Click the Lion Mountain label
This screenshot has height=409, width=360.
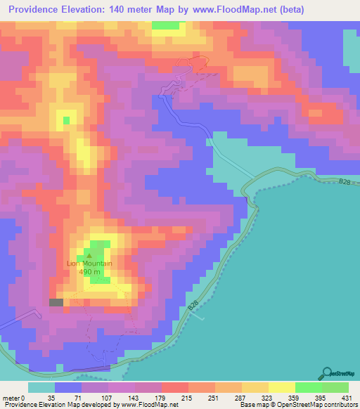[89, 264]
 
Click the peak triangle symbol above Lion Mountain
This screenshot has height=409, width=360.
[89, 256]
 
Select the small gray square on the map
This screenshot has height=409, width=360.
[56, 302]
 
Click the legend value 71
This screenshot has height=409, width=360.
[68, 397]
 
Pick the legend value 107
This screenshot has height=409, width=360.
[95, 397]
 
